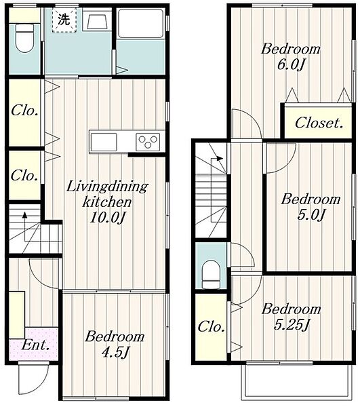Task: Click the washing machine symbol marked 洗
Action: [x=64, y=20]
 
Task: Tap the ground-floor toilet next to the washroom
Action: [x=25, y=38]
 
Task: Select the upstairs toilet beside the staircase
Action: [x=211, y=274]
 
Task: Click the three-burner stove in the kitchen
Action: [x=148, y=142]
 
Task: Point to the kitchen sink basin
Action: [x=104, y=142]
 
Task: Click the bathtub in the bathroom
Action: [x=140, y=24]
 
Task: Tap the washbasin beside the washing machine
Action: [x=97, y=21]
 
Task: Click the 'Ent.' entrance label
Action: [x=35, y=345]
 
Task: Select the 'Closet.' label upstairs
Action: [x=319, y=123]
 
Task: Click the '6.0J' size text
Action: [x=290, y=64]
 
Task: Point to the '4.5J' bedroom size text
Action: [x=115, y=353]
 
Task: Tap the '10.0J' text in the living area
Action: [x=106, y=218]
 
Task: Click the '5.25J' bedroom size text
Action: [x=292, y=324]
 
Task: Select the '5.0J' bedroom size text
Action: [x=311, y=214]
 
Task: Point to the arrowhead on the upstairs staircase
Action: [x=220, y=158]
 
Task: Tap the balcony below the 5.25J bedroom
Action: [x=296, y=382]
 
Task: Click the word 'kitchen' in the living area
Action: [x=107, y=201]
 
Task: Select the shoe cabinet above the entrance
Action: [x=17, y=315]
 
